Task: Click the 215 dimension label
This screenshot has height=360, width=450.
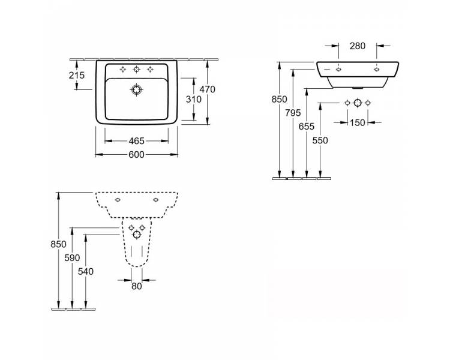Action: [77, 75]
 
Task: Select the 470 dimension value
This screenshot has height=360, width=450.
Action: [207, 89]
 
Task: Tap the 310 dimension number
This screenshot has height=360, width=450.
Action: [194, 100]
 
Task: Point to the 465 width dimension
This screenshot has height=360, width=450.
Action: [137, 141]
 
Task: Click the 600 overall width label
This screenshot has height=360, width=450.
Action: [137, 155]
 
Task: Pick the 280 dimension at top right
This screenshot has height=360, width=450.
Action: [358, 46]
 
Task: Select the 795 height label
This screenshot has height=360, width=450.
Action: [293, 113]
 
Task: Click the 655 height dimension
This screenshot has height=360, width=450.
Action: [307, 127]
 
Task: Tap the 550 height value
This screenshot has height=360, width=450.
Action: [320, 140]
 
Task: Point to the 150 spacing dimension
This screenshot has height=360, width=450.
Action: [358, 122]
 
